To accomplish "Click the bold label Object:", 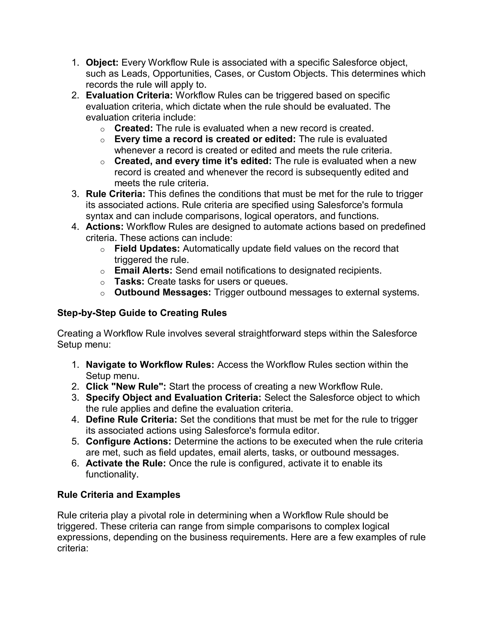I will pos(102,62).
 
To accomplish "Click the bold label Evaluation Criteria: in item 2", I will pos(129,95).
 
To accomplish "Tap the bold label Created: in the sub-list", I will pos(134,128).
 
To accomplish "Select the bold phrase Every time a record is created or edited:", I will pos(205,139).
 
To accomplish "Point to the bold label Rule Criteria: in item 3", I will pos(116,194).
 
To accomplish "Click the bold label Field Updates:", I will pos(147,248).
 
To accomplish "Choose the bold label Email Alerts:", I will pos(143,270).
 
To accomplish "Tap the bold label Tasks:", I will pos(129,281).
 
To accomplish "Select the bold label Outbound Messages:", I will pos(162,292).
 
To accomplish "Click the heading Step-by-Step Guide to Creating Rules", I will pos(142,313).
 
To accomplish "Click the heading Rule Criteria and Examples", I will pos(119,495).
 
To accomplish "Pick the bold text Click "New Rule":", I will pos(126,387).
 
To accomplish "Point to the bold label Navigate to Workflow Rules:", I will pos(150,365).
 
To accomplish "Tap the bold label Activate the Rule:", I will pos(126,463).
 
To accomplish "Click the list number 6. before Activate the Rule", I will pos(75,463).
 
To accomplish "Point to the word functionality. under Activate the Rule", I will pos(112,474).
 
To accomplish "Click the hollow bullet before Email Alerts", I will pos(102,271).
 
